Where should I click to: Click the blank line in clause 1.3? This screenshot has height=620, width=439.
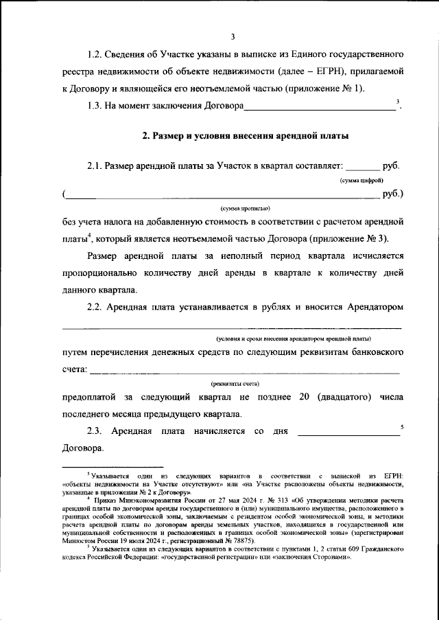(x=320, y=108)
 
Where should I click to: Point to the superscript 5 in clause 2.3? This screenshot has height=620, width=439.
(x=402, y=427)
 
